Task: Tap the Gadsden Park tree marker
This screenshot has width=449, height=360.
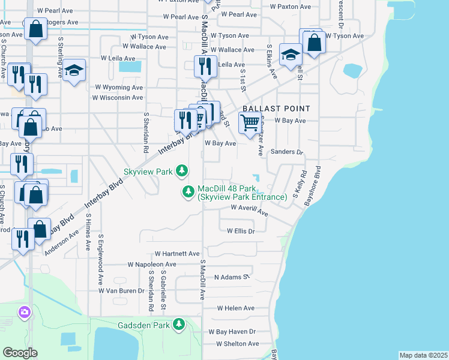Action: (178, 325)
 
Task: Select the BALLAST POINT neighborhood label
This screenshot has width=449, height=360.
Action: (276, 109)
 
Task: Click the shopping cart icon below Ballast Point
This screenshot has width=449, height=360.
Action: (250, 124)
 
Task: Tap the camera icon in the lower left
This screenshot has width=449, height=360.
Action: (24, 311)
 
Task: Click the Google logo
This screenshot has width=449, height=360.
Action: (20, 352)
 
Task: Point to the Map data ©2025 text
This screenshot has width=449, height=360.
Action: (423, 355)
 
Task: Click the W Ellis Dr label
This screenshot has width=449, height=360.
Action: (241, 231)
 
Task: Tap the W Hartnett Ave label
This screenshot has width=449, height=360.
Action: (177, 254)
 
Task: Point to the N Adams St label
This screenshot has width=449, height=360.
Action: (231, 277)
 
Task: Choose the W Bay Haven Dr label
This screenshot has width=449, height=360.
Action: (232, 331)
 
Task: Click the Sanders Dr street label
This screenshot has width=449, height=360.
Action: (287, 152)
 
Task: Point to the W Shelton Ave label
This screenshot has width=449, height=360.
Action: (234, 344)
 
